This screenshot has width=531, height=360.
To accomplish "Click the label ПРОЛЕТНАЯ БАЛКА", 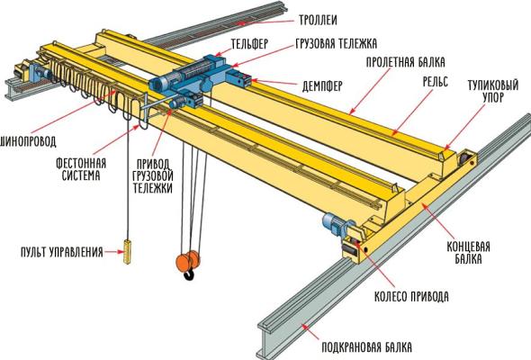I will (406, 64).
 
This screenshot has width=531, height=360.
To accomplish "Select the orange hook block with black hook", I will (186, 264).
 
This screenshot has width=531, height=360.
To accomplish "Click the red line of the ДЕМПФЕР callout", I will (273, 85).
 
